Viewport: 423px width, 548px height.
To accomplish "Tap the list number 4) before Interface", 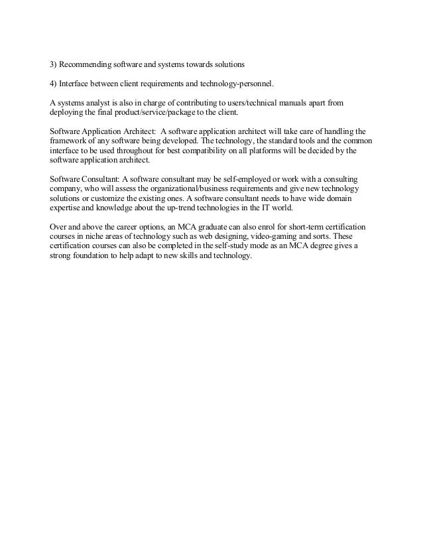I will [54, 84].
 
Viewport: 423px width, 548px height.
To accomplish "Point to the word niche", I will [96, 237].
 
